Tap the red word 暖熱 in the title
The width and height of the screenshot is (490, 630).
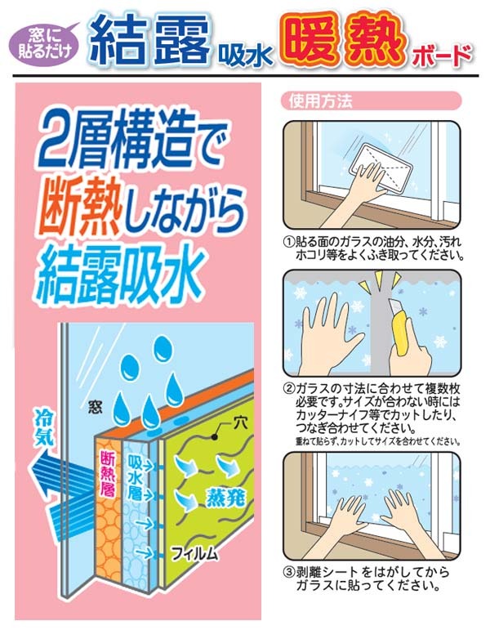[x=345, y=40]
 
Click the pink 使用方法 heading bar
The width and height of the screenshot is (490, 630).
[x=371, y=101]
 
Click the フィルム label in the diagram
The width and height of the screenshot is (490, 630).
[x=195, y=554]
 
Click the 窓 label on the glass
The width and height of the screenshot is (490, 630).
[x=96, y=408]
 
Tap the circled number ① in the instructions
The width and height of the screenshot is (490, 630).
[x=289, y=243]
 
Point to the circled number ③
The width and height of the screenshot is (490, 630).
[x=289, y=572]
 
